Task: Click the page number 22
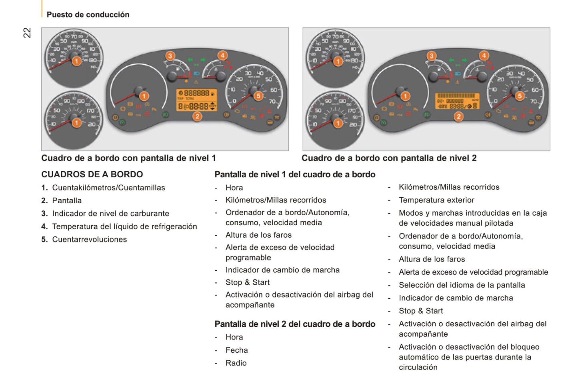[x=27, y=33]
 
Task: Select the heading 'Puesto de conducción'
[x=88, y=15]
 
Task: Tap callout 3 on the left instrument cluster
[x=170, y=56]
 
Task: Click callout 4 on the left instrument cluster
[x=222, y=56]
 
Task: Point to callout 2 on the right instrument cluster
[x=458, y=117]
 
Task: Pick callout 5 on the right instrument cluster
[x=520, y=96]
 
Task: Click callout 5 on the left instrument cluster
[x=258, y=96]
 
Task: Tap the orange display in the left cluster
[x=197, y=100]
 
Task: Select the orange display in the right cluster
[x=458, y=101]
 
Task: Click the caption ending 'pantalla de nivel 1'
[x=128, y=158]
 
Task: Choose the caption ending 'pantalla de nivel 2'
[x=389, y=158]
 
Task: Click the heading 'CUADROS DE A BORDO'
[x=92, y=175]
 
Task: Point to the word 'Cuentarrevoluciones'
[x=90, y=240]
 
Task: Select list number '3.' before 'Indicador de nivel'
[x=44, y=214]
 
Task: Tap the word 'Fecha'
[x=236, y=350]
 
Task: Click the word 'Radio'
[x=236, y=363]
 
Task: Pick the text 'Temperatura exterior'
[x=436, y=200]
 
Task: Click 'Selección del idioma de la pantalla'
[x=462, y=285]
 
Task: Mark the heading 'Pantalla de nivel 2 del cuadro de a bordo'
[x=295, y=324]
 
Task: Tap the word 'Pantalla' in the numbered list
[x=67, y=200]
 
